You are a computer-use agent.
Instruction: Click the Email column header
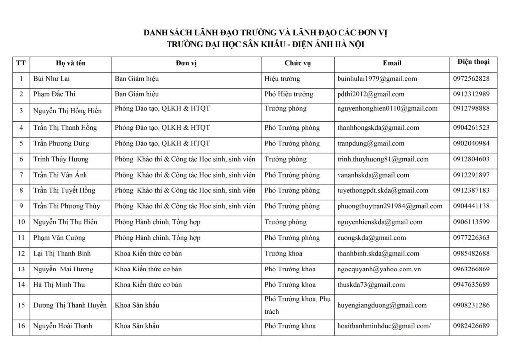(392, 63)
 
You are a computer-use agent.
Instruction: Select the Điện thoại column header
(473, 62)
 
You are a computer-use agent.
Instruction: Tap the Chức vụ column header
(298, 63)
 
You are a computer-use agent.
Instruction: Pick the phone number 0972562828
(471, 79)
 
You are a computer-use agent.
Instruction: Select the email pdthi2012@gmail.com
(370, 94)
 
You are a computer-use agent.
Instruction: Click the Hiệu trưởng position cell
(282, 79)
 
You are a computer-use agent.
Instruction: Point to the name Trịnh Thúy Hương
(61, 159)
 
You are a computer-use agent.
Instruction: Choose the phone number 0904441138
(471, 206)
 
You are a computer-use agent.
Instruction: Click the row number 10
(21, 222)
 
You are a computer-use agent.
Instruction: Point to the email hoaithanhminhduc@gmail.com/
(384, 326)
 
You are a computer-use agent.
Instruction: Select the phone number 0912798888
(471, 109)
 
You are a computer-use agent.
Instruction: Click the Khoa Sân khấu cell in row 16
(137, 326)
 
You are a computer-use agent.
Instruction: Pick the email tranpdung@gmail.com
(370, 144)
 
